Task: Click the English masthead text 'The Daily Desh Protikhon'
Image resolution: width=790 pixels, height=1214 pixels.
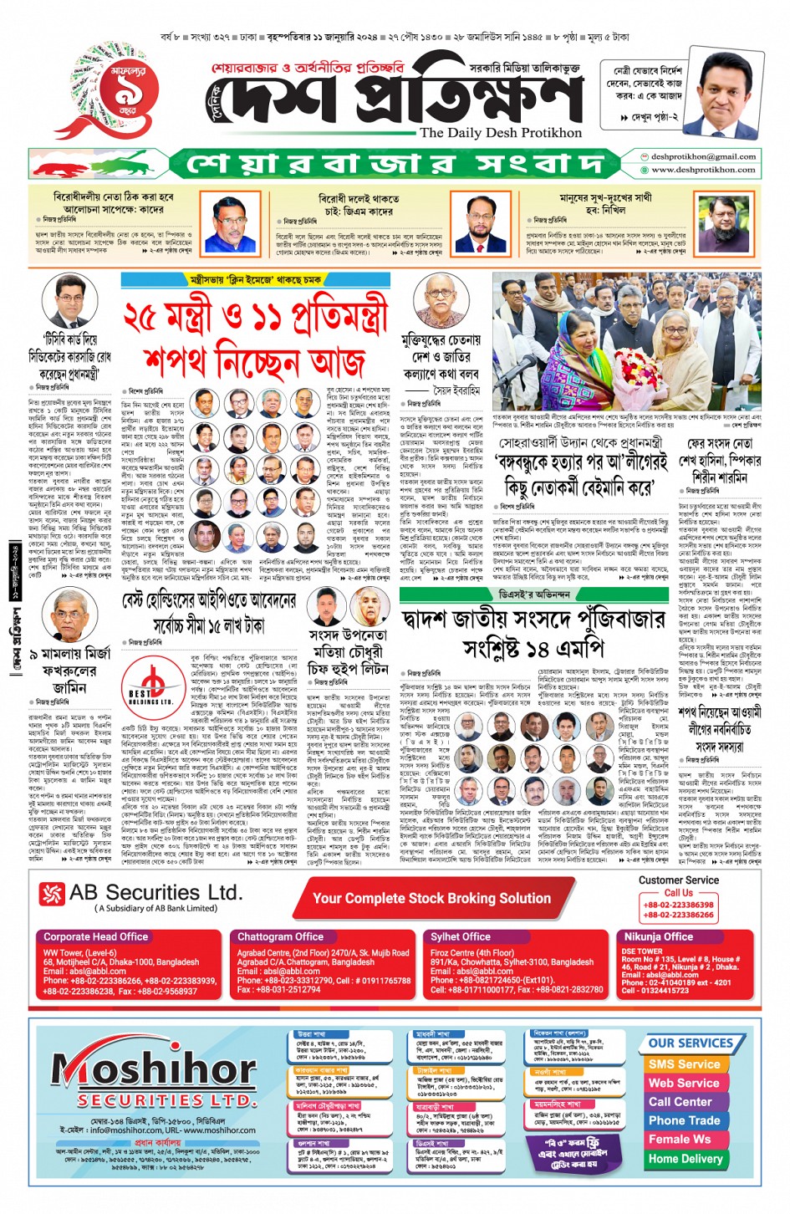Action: point(500,133)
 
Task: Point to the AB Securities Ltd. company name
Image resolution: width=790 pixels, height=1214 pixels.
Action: point(155,893)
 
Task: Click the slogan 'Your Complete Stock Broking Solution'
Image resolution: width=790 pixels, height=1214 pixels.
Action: point(431,899)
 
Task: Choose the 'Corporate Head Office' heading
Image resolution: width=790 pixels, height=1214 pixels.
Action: point(96,937)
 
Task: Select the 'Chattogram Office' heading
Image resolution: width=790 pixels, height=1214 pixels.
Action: point(280,937)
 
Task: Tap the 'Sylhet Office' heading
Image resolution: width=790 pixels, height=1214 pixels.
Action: point(461,937)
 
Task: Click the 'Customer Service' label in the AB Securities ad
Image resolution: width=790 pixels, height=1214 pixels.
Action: point(678,880)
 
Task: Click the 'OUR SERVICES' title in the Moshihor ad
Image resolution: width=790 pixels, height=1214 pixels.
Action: point(690,1043)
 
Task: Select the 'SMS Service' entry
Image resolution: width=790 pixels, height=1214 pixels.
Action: point(684,1064)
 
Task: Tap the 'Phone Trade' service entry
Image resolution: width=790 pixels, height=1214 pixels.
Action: point(684,1120)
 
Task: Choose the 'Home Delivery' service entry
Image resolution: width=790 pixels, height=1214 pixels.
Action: point(686,1159)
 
